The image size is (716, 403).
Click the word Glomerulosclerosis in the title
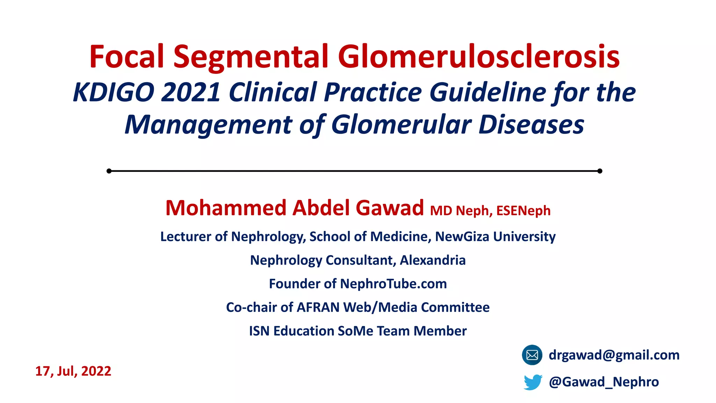point(479,57)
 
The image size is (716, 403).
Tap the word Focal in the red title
point(127,57)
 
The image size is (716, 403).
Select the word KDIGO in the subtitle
point(114,92)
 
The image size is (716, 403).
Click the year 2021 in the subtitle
point(191,92)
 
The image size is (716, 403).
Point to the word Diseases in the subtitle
point(531,125)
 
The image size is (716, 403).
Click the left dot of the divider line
point(109,171)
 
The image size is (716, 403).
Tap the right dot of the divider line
point(600,171)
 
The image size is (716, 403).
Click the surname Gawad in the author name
point(389,208)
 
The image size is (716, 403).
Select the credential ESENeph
point(523,211)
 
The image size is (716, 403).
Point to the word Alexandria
point(433,260)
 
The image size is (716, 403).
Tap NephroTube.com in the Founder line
point(393,284)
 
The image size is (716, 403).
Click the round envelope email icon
point(532,355)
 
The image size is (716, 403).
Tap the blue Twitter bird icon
point(533,382)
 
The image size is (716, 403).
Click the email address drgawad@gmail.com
point(614,355)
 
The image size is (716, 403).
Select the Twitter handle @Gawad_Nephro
point(604,382)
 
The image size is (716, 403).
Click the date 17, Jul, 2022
point(73,371)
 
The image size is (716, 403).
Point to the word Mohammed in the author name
point(226,208)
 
